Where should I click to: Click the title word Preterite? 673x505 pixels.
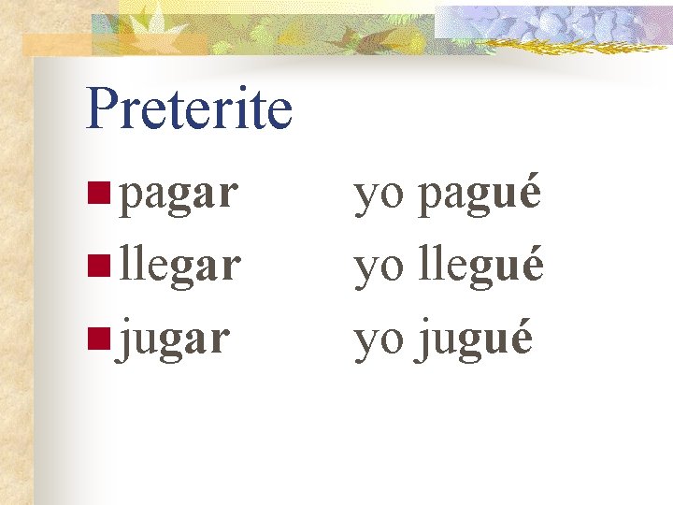(x=189, y=108)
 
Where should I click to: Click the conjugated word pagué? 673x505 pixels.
(x=480, y=196)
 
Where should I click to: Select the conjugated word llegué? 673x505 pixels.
(x=481, y=267)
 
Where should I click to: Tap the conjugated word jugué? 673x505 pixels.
(x=476, y=339)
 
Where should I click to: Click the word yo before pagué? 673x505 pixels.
(x=379, y=198)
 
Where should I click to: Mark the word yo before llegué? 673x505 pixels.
(x=379, y=269)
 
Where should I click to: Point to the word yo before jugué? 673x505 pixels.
(x=379, y=340)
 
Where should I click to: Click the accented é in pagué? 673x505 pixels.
(x=529, y=194)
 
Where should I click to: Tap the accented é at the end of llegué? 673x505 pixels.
(x=531, y=265)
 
